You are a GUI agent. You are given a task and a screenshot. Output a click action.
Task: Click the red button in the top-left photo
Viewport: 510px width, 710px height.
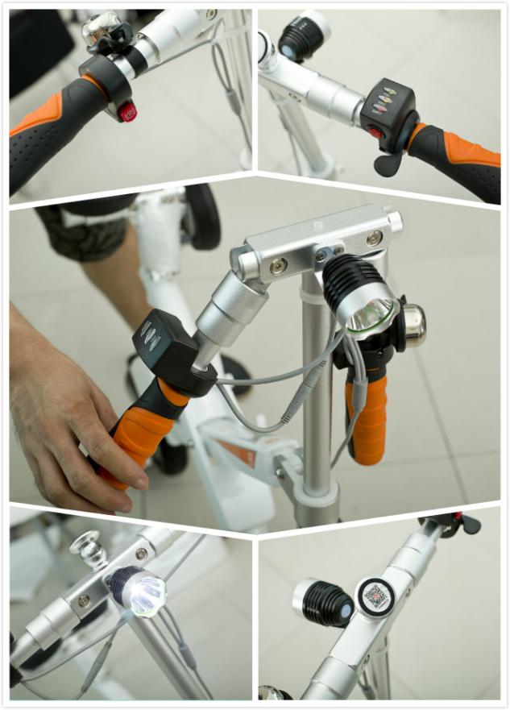coord(127,112)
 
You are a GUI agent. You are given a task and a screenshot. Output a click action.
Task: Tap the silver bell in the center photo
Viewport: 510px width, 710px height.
coord(413,324)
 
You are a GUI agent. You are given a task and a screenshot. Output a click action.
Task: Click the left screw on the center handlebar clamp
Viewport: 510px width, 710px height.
coord(278,265)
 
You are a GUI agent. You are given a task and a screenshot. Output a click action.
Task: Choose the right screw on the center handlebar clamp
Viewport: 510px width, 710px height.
coord(374,239)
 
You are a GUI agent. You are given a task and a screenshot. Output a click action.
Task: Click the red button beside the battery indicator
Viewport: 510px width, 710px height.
coord(374,133)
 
